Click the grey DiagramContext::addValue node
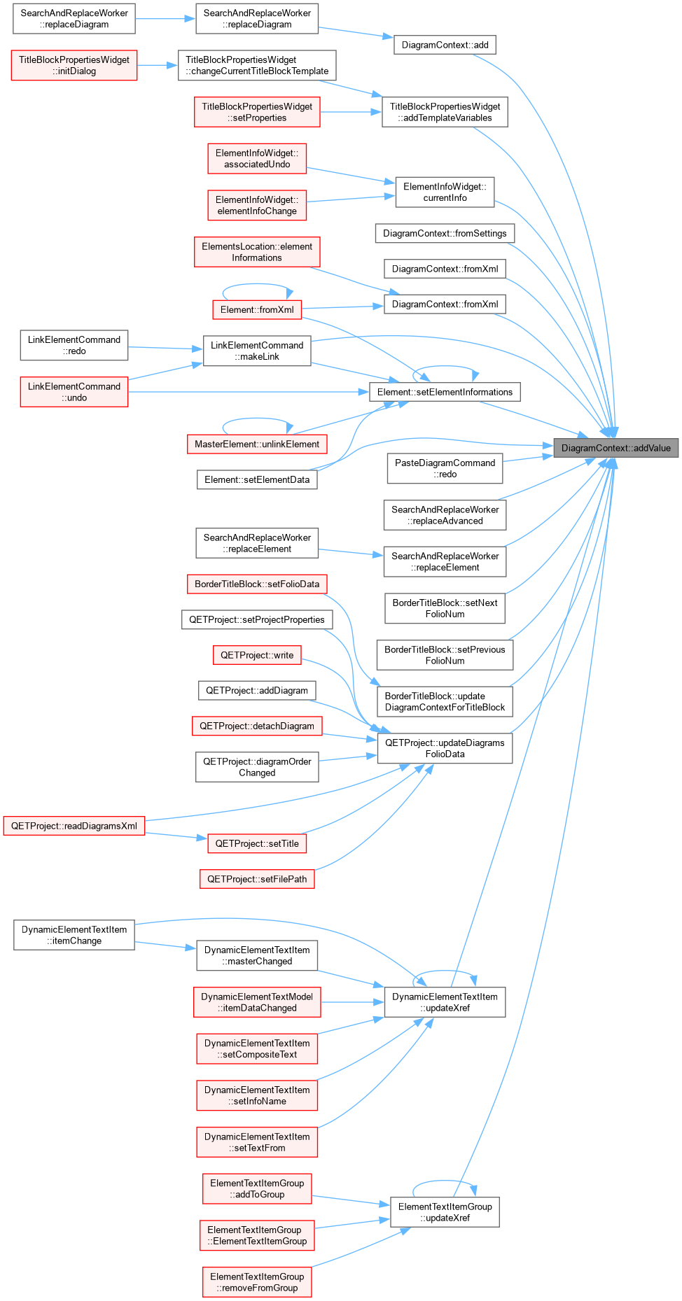615,448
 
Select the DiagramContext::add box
445,45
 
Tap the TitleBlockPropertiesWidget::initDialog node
74,65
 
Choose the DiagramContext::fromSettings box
445,233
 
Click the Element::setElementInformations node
445,392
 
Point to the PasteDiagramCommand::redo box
445,468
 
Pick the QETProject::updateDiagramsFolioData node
445,748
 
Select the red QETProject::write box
257,655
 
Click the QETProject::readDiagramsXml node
74,826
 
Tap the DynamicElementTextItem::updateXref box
445,1002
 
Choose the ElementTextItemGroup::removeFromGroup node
257,1282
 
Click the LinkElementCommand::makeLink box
257,351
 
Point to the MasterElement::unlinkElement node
257,444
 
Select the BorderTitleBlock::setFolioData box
257,584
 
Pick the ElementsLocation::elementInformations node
257,252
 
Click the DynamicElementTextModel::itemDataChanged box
257,1002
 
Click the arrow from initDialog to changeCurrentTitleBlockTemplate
158,65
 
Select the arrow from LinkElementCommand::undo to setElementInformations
249,392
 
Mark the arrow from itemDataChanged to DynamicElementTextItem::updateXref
352,1002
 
